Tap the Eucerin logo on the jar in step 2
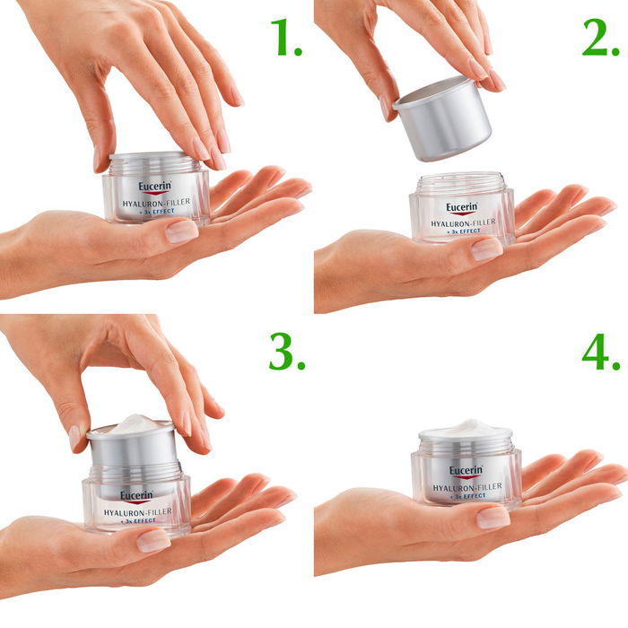pyautogui.click(x=463, y=206)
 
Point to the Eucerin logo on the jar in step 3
pyautogui.click(x=136, y=494)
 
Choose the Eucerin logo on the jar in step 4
pyautogui.click(x=466, y=470)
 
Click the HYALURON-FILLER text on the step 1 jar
pyautogui.click(x=155, y=205)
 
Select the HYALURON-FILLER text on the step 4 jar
pyautogui.click(x=466, y=487)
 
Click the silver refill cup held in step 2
pyautogui.click(x=442, y=117)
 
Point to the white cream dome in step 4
pyautogui.click(x=465, y=428)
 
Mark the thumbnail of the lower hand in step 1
pyautogui.click(x=182, y=231)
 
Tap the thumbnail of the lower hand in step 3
pyautogui.click(x=153, y=540)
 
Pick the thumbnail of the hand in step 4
pyautogui.click(x=493, y=518)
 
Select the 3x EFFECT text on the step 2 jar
pyautogui.click(x=463, y=231)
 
